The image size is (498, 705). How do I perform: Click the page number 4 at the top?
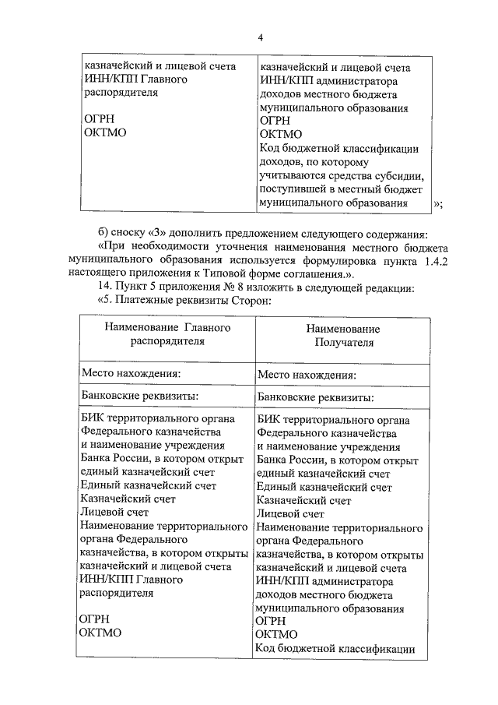coord(261,37)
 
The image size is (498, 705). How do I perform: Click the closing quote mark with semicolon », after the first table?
coord(438,204)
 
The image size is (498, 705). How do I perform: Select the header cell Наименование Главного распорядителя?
coord(167,335)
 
